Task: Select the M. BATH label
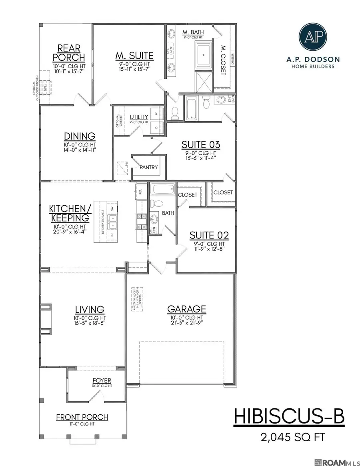(x=191, y=32)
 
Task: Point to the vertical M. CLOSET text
(x=223, y=60)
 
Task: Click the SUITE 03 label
(x=201, y=144)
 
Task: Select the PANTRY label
(x=149, y=168)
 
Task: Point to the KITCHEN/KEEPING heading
(x=69, y=214)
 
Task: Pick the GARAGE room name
(x=186, y=309)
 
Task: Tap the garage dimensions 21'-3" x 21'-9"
(x=186, y=323)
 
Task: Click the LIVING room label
(x=90, y=309)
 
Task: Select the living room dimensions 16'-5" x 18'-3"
(x=90, y=323)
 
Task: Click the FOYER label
(x=102, y=380)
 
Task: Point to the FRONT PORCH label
(x=82, y=417)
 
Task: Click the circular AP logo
(x=312, y=36)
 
